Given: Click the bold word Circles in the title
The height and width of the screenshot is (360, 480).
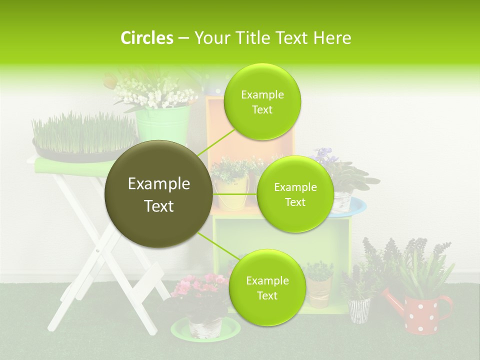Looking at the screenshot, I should [146, 38].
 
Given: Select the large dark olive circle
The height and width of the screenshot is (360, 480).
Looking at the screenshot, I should [158, 194].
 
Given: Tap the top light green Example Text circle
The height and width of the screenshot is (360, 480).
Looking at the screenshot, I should [262, 102].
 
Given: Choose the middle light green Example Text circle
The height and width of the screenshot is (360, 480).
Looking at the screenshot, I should [295, 194].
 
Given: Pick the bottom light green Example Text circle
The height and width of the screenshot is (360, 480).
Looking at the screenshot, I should [267, 288].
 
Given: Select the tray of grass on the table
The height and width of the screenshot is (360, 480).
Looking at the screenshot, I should [84, 137].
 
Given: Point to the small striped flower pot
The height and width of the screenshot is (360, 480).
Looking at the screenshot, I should [358, 309].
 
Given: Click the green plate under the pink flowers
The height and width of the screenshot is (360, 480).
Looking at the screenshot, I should [205, 330].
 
